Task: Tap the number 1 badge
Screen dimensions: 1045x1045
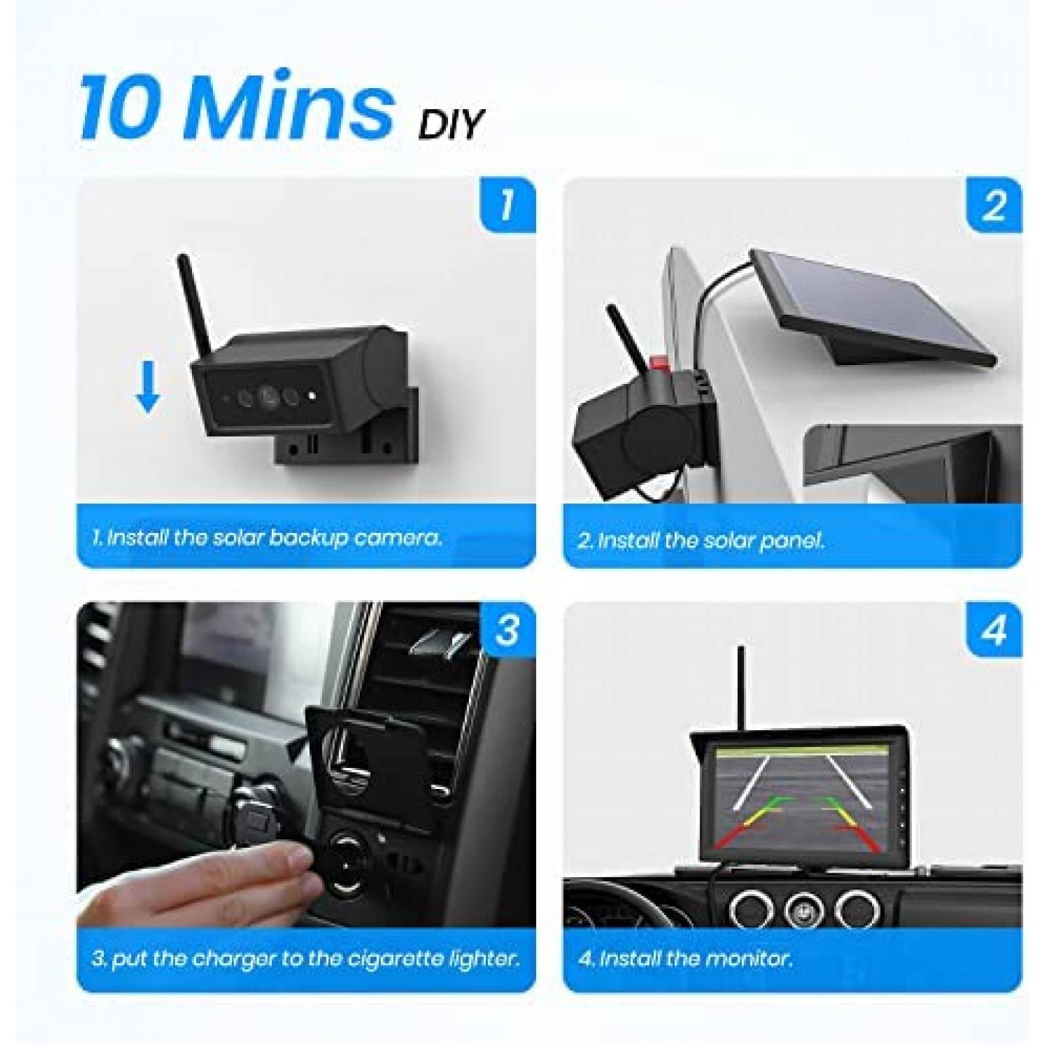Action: [507, 204]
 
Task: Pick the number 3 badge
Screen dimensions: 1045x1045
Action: [507, 630]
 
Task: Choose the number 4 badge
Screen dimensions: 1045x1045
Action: [993, 630]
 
